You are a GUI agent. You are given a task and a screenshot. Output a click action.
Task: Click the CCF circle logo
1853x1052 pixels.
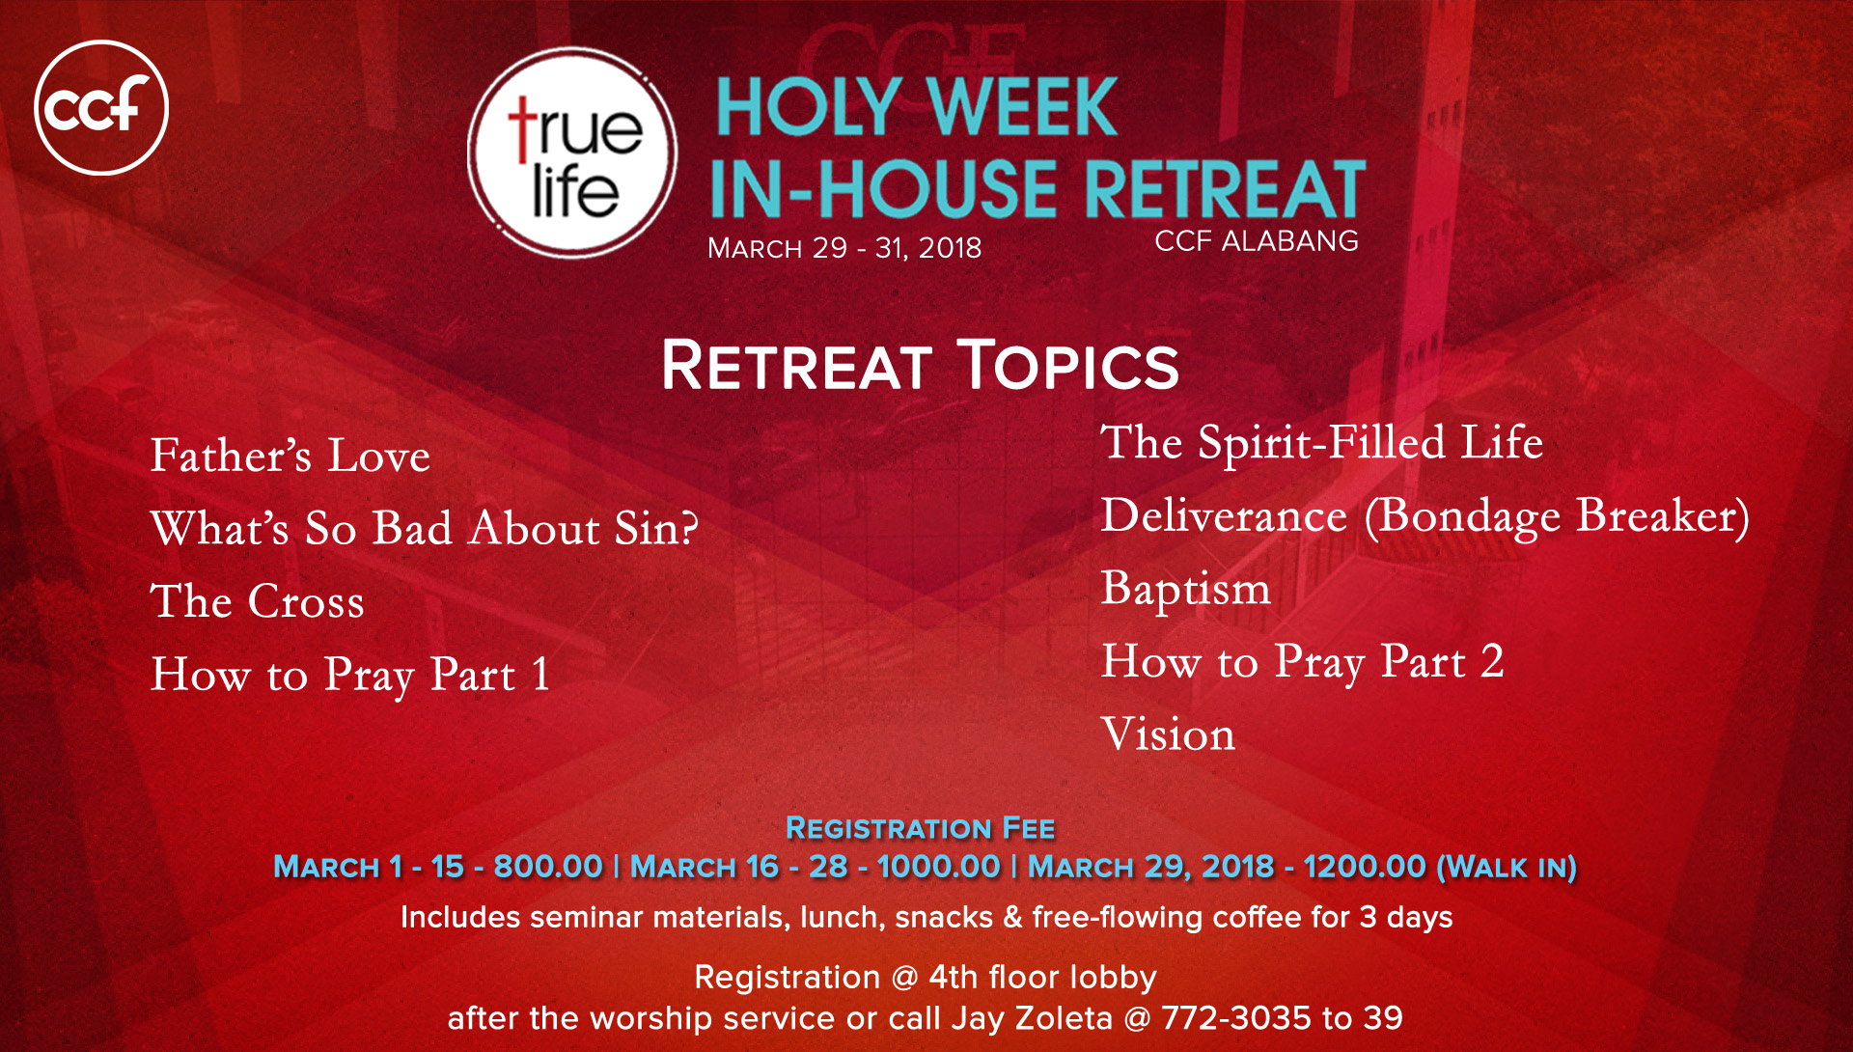tap(101, 107)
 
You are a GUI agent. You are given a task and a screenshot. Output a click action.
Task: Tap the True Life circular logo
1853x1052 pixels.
tap(572, 152)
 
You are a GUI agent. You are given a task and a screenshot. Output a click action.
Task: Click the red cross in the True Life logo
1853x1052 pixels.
tap(522, 128)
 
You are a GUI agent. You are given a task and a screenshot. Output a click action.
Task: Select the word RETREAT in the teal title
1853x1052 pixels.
tap(1226, 189)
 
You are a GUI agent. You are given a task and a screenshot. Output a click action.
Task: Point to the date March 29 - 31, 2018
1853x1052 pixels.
tap(844, 248)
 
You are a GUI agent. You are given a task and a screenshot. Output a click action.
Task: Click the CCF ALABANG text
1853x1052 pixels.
tap(1257, 240)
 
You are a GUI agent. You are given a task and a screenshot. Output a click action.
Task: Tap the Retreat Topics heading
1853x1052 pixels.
tap(921, 366)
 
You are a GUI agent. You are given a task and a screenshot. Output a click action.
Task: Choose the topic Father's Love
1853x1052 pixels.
tap(290, 456)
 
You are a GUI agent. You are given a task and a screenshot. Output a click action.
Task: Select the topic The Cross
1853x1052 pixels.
tap(258, 601)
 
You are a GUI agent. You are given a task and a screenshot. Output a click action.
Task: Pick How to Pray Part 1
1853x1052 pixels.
tap(350, 675)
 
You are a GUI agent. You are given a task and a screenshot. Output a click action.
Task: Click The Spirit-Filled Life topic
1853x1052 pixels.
tap(1322, 443)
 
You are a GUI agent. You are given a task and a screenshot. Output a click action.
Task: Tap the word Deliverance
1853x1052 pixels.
tap(1225, 515)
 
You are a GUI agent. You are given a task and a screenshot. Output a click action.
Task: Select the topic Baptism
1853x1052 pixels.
tap(1186, 589)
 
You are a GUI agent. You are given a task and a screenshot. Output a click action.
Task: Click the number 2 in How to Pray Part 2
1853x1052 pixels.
tap(1492, 661)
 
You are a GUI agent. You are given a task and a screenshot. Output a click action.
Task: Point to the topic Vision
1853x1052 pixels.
tap(1169, 734)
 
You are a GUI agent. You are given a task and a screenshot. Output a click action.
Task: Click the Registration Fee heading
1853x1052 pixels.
tap(921, 828)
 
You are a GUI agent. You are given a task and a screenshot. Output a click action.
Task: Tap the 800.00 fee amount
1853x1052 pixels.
tap(548, 867)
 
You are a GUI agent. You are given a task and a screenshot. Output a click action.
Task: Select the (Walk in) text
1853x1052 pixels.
tap(1507, 868)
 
